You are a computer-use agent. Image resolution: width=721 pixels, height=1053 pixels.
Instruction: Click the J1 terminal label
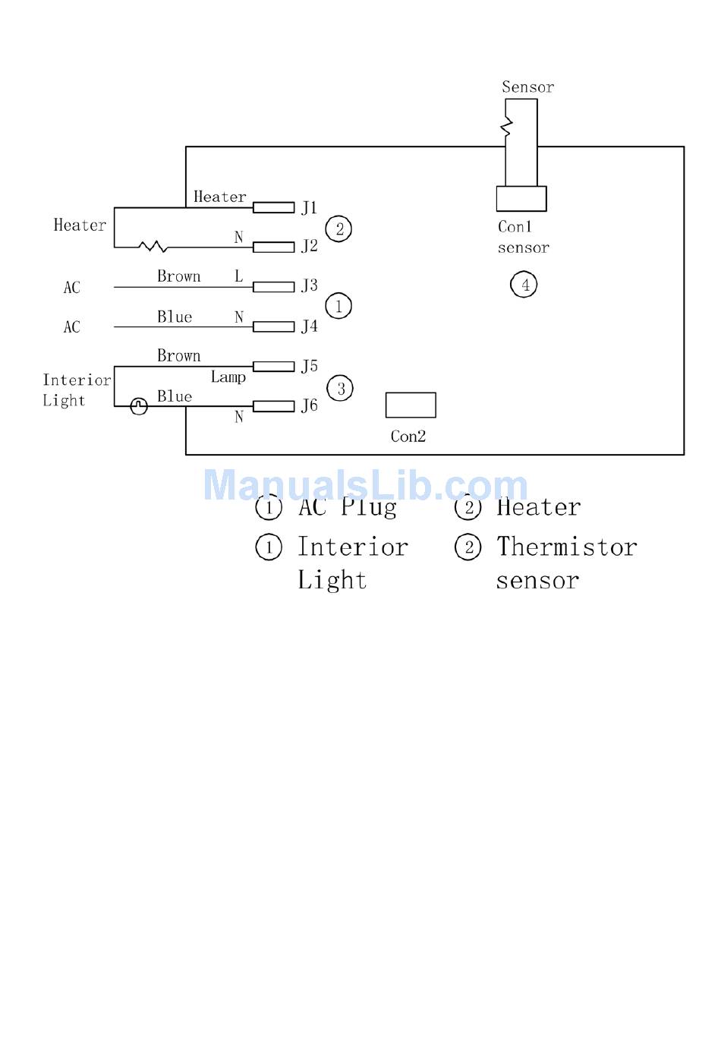click(x=309, y=207)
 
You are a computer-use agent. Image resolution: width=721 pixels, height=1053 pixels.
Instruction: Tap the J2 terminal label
click(x=309, y=246)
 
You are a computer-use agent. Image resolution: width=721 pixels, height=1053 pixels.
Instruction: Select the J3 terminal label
click(x=309, y=285)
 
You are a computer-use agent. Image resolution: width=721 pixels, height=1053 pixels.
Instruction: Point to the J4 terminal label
click(x=309, y=326)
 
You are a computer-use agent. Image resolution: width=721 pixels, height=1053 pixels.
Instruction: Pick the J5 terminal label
click(x=309, y=366)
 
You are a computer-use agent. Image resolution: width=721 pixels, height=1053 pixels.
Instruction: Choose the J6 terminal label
click(x=309, y=405)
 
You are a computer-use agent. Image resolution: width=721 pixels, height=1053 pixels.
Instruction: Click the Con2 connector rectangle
click(x=411, y=405)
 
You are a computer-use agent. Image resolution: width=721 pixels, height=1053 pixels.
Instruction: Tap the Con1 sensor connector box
click(x=521, y=199)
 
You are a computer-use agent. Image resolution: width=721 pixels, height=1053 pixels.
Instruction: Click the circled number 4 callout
click(x=524, y=285)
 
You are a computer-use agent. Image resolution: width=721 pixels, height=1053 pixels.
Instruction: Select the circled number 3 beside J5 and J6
click(x=340, y=389)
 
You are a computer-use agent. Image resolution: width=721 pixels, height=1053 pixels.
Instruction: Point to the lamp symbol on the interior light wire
click(x=139, y=406)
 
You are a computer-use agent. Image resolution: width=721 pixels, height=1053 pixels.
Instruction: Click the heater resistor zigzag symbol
click(x=153, y=246)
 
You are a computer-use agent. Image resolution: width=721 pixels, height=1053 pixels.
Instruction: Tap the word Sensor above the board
click(x=527, y=87)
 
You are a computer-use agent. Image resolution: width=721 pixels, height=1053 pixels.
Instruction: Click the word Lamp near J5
click(x=228, y=377)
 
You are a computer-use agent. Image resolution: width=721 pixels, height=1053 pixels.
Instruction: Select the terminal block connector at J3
click(x=273, y=287)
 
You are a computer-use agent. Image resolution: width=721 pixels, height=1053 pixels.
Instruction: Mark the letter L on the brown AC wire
click(x=238, y=276)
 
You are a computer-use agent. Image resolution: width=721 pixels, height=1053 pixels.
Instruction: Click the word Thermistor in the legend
click(x=566, y=547)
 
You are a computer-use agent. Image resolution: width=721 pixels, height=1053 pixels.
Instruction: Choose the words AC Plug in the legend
click(x=348, y=507)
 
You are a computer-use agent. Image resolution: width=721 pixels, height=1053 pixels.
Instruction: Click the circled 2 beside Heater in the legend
click(x=468, y=507)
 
